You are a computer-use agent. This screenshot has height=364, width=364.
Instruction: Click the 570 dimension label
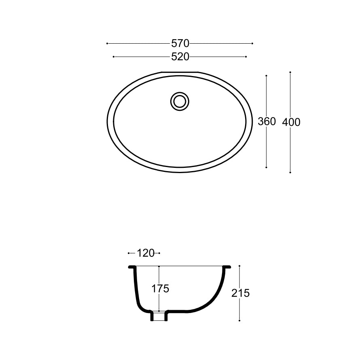click(x=180, y=43)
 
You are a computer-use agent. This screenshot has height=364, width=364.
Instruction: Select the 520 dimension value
click(x=180, y=57)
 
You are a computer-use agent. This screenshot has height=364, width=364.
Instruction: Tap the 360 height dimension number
click(x=267, y=121)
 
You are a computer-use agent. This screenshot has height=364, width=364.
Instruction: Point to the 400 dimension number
click(x=291, y=122)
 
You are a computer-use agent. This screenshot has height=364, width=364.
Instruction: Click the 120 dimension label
click(x=146, y=253)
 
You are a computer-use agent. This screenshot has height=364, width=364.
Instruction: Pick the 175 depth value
click(x=160, y=289)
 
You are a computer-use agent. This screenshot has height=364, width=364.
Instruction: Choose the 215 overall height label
click(x=240, y=294)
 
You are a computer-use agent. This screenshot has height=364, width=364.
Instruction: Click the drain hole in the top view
click(x=180, y=102)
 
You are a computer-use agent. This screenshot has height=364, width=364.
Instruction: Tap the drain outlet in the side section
click(x=159, y=316)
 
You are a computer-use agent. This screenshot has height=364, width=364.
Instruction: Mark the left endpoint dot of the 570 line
click(x=107, y=43)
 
